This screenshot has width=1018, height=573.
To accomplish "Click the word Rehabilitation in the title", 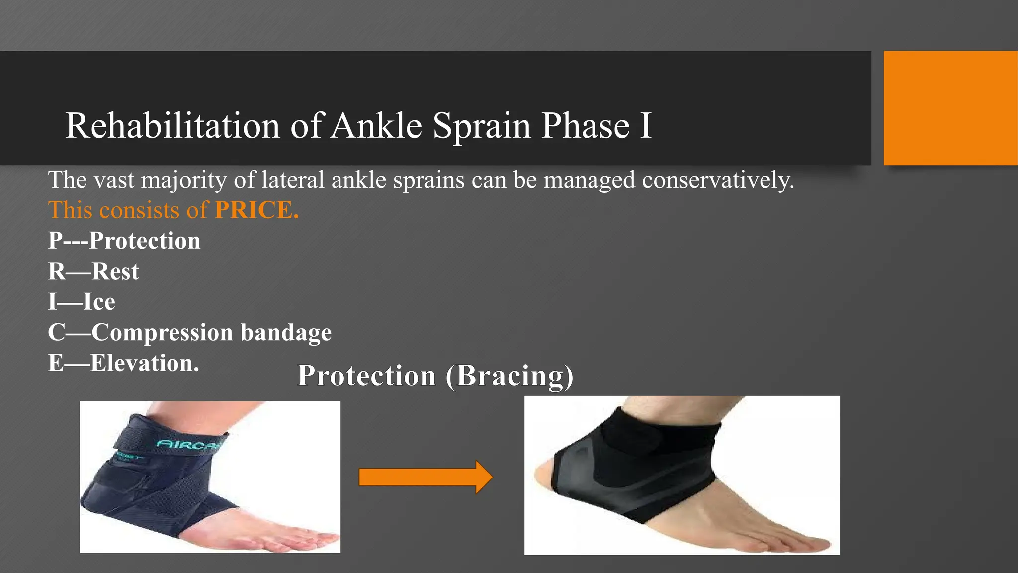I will (172, 125).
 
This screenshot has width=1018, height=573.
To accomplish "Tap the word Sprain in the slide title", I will (481, 126).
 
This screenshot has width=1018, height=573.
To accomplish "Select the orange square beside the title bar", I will (950, 108).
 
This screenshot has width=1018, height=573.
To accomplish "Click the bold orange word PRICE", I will (256, 210).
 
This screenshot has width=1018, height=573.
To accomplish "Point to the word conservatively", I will (718, 180).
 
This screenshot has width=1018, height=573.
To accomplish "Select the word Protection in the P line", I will (145, 241).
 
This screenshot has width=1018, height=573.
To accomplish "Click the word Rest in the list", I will (115, 272).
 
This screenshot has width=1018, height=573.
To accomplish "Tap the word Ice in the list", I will (99, 302).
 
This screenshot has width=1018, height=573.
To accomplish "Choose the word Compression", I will (162, 333).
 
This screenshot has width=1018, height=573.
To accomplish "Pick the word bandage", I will (286, 333).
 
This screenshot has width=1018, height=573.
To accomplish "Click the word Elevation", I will (144, 363).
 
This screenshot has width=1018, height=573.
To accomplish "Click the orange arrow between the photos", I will (425, 477).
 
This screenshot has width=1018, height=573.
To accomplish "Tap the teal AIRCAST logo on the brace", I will (189, 443).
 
